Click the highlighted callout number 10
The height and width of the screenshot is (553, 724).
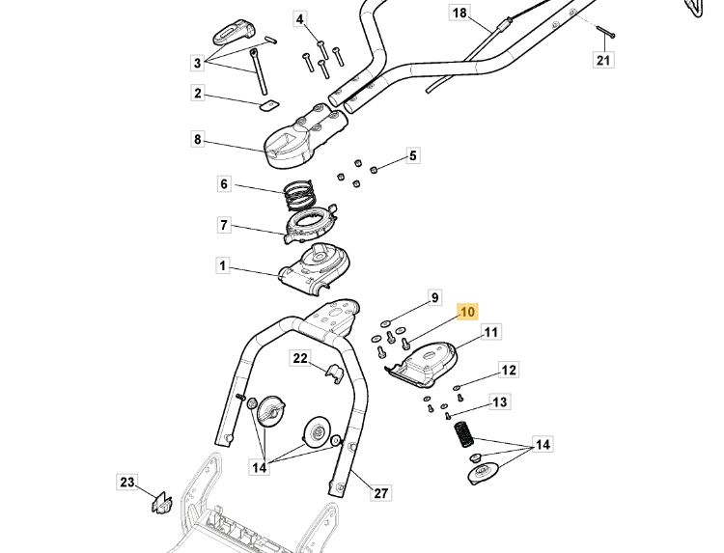[467, 312]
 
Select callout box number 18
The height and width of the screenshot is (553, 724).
[459, 13]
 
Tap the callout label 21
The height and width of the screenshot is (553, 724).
[602, 61]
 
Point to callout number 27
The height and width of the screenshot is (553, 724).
[381, 493]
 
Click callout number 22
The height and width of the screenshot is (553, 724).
[300, 359]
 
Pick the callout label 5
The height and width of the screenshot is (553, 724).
[412, 155]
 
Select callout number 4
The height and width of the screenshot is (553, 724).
[299, 19]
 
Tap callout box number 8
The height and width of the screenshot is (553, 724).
[198, 140]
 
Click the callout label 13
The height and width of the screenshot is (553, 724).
[500, 401]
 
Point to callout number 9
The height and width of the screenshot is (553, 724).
[434, 297]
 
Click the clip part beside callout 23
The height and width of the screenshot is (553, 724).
[161, 502]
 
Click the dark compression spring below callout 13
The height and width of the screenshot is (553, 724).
[463, 435]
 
